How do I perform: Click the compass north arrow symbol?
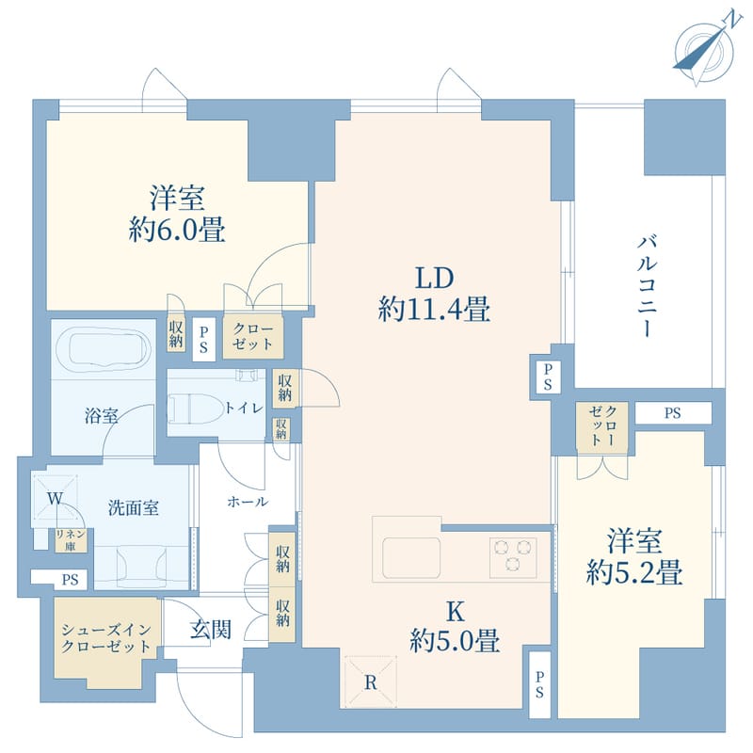pos(704,46)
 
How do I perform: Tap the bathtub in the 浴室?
pos(102,350)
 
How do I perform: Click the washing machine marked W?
pos(56,498)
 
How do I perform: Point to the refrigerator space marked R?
pos(371,681)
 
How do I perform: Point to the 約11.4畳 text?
pos(433,309)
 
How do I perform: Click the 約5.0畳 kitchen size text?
pos(455,642)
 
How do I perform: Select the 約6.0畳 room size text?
pos(178,230)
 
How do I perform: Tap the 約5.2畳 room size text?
pos(633,571)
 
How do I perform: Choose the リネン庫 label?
pos(69,539)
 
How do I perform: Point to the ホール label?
pos(248,502)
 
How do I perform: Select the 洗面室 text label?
pos(133,507)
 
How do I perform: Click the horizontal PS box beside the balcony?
pos(673,412)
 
